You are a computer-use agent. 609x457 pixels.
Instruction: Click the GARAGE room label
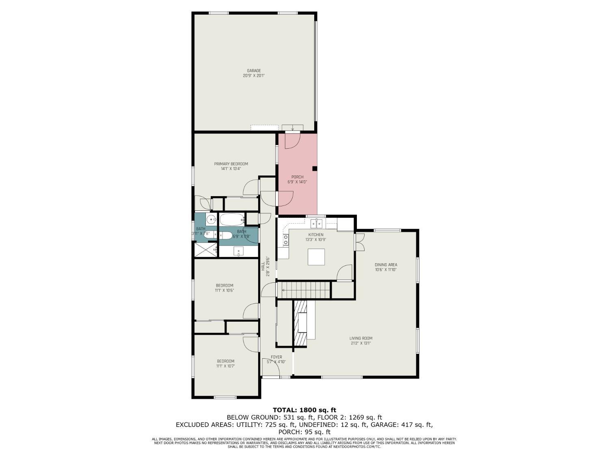(254, 71)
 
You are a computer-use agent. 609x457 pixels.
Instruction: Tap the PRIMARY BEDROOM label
(231, 164)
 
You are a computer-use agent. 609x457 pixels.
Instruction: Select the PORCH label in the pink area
(297, 177)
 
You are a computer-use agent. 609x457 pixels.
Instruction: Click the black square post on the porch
(315, 168)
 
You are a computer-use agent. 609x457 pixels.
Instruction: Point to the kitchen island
(316, 257)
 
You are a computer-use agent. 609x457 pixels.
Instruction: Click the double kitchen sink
(316, 223)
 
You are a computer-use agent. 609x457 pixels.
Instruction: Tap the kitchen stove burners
(285, 240)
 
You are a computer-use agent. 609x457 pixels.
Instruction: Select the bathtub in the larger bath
(232, 220)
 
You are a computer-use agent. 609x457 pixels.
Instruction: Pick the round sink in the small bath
(212, 220)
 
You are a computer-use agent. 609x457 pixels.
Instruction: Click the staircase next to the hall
(307, 290)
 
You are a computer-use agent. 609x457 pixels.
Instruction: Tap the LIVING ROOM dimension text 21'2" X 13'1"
(361, 343)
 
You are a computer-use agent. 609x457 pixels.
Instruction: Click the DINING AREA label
(386, 264)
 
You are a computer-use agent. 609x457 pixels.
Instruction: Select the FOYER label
(276, 357)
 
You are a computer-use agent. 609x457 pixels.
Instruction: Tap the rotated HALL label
(263, 266)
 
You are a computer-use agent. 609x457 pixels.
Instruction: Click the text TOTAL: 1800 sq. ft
(304, 410)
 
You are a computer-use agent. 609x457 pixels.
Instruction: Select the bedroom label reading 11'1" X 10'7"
(225, 366)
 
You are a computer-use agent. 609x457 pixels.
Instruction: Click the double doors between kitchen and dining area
(360, 242)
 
